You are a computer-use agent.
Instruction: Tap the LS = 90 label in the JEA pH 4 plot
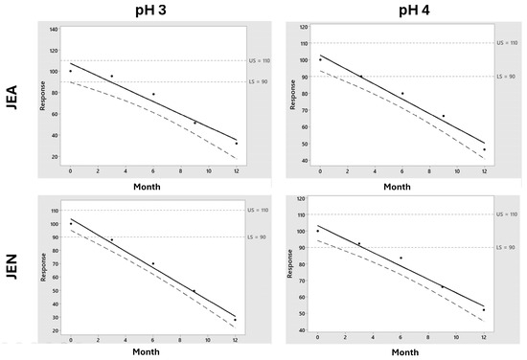click(508, 76)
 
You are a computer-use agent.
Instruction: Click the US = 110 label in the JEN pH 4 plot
click(509, 215)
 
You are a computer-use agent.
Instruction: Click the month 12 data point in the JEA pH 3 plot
click(237, 144)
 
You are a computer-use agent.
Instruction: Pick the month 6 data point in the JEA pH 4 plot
click(402, 94)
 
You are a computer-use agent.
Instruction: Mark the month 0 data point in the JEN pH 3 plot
click(70, 224)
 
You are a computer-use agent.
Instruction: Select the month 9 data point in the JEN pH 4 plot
click(443, 287)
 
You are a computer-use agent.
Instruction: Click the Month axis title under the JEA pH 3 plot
click(153, 185)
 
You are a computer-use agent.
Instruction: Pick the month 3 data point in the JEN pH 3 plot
click(111, 240)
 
